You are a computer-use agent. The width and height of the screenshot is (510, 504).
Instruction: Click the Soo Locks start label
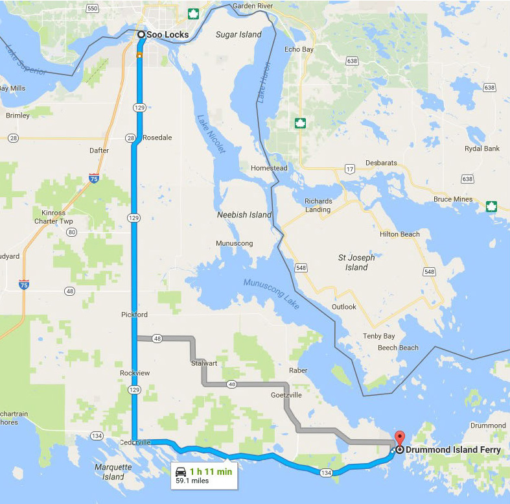coord(167,34)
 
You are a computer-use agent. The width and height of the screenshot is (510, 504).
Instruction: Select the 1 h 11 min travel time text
coord(211,471)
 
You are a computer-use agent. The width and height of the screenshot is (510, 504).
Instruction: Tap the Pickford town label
coord(134,315)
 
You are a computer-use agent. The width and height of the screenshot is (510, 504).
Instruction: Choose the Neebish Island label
coord(244,215)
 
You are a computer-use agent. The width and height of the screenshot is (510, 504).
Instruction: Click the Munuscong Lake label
coord(272,293)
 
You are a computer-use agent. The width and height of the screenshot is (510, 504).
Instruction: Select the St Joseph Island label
coord(356,262)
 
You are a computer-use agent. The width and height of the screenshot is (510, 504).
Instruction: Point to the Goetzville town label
coord(287,394)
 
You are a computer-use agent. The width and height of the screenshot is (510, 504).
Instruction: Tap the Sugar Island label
coord(238,34)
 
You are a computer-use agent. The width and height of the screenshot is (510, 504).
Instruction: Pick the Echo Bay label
coord(299,49)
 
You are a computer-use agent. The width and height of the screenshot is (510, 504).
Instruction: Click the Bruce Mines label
coord(452,199)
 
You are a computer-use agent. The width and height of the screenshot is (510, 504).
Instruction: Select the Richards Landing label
coord(318,205)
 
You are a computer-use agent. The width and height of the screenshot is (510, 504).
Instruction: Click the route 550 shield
coord(92,8)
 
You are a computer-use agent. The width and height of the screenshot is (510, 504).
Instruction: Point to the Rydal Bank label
coord(483,149)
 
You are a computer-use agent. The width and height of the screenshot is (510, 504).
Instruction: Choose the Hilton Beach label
coord(400,234)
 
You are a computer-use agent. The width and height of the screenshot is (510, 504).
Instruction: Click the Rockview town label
coord(135,373)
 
